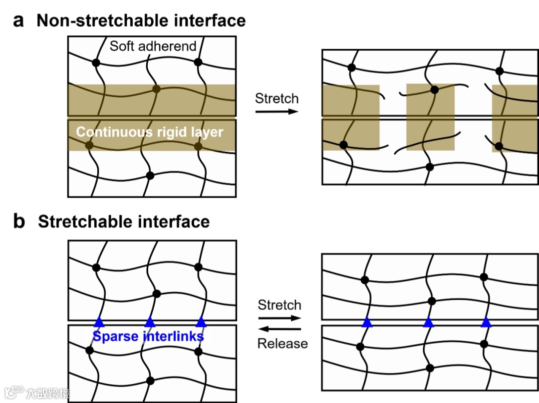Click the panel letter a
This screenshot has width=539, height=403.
tap(18, 21)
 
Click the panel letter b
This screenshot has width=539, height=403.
tap(19, 221)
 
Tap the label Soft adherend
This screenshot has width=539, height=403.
tap(153, 46)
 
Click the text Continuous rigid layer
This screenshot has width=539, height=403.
tap(149, 132)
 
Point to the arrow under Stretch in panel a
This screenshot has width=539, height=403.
tap(276, 111)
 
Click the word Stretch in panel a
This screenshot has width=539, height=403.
tap(276, 98)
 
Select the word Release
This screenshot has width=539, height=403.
tap(282, 343)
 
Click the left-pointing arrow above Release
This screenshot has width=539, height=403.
tap(279, 329)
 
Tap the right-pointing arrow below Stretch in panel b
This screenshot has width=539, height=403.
tap(279, 317)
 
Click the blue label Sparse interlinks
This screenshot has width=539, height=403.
tap(148, 336)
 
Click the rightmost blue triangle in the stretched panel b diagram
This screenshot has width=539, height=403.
tap(486, 322)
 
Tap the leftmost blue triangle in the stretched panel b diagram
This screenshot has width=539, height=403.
tap(367, 322)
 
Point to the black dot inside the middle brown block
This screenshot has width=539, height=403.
tap(434, 90)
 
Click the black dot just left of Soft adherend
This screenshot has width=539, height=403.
tap(96, 62)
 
